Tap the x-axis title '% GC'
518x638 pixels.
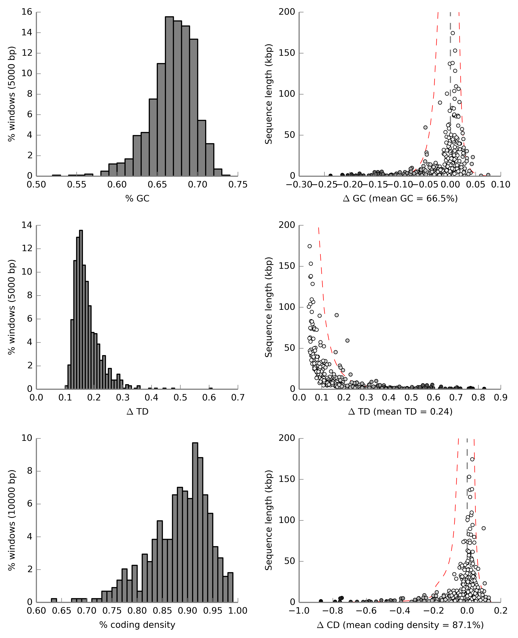click(137, 198)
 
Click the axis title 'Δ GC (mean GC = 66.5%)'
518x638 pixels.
click(400, 198)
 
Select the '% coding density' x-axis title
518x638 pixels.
click(137, 625)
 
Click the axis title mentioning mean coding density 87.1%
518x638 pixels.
click(400, 625)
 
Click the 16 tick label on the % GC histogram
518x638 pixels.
click(27, 12)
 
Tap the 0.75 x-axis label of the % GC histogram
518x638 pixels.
click(238, 185)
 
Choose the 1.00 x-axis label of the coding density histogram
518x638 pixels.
click(238, 611)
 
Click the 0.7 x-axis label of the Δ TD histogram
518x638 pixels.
click(238, 398)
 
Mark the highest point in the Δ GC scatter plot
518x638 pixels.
click(453, 33)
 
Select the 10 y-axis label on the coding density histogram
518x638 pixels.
click(27, 438)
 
